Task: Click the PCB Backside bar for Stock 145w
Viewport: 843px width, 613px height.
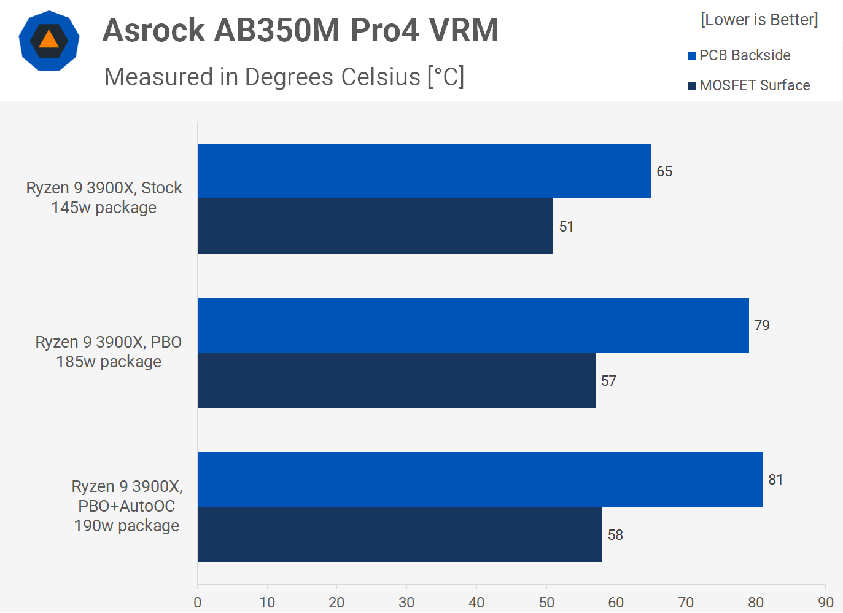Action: pos(424,171)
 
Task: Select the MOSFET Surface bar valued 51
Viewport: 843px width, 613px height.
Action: pos(375,226)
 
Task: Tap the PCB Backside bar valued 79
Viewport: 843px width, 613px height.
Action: pos(473,325)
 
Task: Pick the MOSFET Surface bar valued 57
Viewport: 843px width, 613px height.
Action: pos(396,380)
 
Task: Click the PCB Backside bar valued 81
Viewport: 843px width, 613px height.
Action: pos(480,479)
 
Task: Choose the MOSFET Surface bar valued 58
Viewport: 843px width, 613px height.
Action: pos(399,534)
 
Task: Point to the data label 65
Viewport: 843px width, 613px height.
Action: pos(664,171)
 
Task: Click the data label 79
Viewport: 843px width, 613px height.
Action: pos(762,326)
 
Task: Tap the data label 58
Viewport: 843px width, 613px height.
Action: pos(615,535)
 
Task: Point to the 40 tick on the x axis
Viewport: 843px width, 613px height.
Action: pos(476,602)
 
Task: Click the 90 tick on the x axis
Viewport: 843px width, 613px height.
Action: pos(826,602)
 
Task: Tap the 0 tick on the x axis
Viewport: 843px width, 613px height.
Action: pos(197,602)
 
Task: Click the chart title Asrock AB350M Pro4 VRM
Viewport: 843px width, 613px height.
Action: pos(300,30)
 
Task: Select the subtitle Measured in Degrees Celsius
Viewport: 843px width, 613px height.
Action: pos(284,77)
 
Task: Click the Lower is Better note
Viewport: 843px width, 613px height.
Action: pos(759,20)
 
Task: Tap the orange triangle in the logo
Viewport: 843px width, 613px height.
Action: pos(49,40)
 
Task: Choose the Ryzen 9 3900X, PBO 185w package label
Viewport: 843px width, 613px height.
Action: pos(109,352)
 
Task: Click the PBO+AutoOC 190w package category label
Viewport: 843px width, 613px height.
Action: pos(126,506)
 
